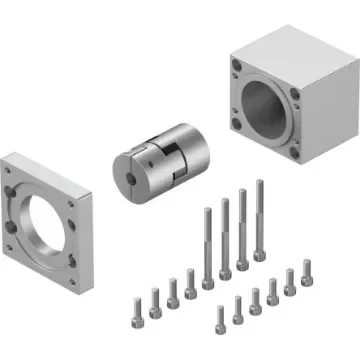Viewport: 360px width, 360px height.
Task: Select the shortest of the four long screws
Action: coord(208,245)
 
